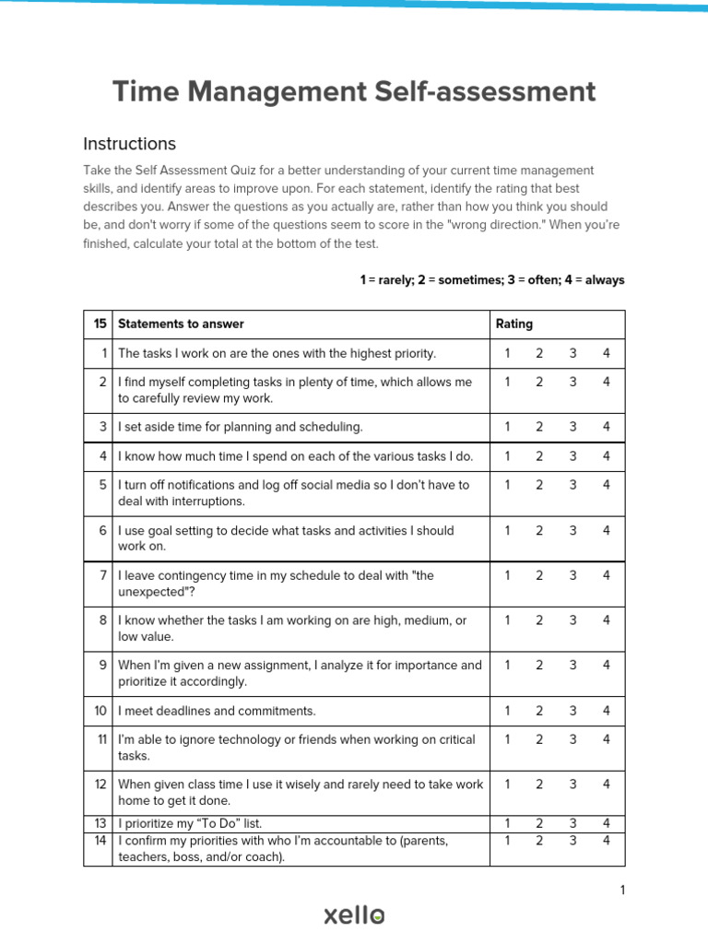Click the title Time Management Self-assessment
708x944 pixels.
pos(354,92)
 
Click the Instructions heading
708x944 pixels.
pos(129,144)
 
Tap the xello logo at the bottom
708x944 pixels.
pos(354,914)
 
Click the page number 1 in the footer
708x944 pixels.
pos(622,890)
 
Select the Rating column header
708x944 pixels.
pos(513,324)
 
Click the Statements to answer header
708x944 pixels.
pos(181,324)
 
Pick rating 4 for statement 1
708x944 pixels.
pos(607,353)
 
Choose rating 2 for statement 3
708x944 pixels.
pos(539,427)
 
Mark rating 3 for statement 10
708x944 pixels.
pos(572,711)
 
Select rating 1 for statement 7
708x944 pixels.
pos(507,575)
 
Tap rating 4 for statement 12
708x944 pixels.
pos(607,784)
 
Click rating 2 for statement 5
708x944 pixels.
pos(539,485)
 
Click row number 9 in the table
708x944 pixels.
pos(103,665)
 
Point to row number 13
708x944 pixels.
pos(100,823)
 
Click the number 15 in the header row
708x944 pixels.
pos(100,324)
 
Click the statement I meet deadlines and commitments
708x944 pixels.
pos(217,711)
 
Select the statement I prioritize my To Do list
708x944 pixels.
pos(195,823)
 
